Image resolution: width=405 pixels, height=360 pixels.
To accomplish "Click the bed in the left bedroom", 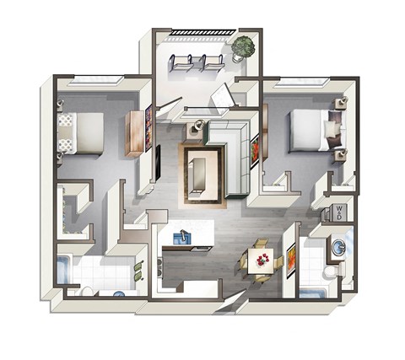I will click(80, 132).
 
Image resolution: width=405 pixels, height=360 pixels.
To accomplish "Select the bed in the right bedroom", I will click(314, 131).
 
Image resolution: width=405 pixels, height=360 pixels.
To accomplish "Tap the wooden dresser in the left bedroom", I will click(135, 133).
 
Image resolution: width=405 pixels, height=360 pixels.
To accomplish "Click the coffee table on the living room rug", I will click(202, 172).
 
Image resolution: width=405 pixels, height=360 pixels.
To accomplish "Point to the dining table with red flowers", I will click(262, 256).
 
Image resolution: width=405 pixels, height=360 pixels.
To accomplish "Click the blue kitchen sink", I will click(179, 238).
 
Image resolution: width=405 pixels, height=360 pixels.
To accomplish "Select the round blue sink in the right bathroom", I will click(339, 247).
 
